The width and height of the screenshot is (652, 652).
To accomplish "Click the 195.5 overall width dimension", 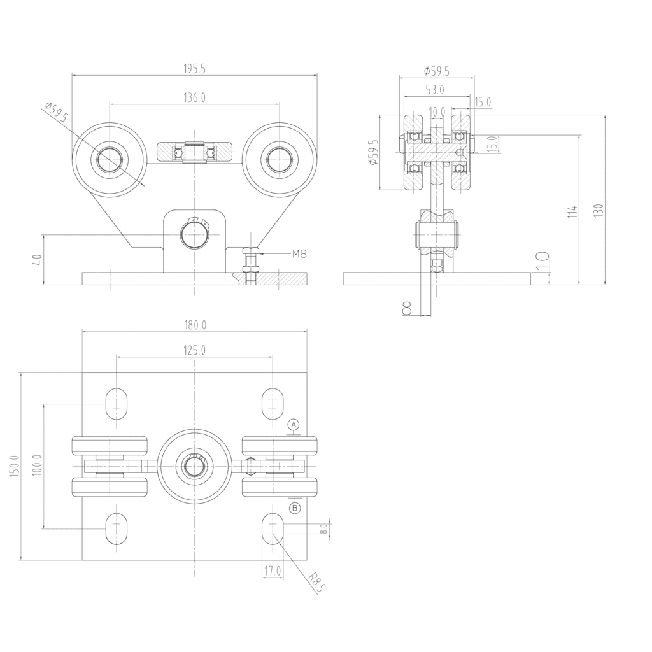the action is click(195, 69).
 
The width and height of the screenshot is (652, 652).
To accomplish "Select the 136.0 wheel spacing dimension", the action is click(195, 97).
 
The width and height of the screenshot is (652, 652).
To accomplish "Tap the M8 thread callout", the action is click(299, 253).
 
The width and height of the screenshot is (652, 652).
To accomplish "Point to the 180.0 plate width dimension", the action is click(195, 325).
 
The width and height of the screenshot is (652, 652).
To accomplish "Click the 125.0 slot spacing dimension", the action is click(195, 351).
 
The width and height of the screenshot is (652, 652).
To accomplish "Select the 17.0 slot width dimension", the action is click(273, 571).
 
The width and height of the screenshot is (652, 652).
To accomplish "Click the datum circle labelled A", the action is click(294, 425).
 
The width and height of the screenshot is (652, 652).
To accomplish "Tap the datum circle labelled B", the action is click(295, 507).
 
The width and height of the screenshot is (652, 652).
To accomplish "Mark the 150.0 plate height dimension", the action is click(14, 466).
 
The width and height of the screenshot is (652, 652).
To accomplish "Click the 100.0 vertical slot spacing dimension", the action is click(37, 465).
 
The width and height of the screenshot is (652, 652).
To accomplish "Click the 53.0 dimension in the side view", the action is click(435, 89).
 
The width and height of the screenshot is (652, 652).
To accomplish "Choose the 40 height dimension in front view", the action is click(37, 260).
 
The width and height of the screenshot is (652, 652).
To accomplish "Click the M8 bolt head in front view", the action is click(251, 251).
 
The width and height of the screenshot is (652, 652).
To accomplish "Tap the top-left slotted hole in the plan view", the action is click(117, 404).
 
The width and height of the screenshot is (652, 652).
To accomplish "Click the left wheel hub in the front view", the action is click(110, 159).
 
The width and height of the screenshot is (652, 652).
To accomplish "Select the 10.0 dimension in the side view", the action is click(437, 112).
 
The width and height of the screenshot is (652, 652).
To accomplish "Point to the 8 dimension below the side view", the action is click(407, 308).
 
